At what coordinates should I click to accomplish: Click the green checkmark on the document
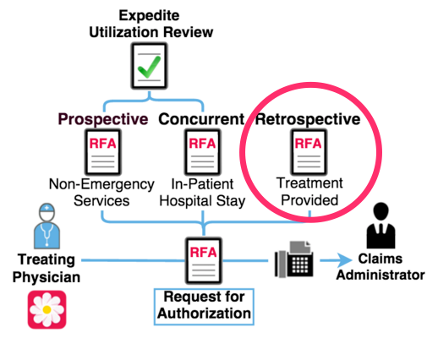pos(149,67)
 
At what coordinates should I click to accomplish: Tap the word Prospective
pos(103,119)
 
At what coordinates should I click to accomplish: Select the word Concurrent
pos(201,119)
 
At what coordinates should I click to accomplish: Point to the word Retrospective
pos(308,119)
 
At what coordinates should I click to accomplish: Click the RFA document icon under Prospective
pos(103,152)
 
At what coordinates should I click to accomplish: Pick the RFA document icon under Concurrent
pos(202,152)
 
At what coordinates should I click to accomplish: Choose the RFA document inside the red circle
pos(309,152)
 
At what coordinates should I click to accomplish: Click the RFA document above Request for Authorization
pos(204,260)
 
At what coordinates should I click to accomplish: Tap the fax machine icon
pos(293,259)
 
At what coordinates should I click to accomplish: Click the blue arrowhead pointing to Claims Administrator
pos(344,260)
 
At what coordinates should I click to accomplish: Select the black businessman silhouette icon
pos(381,226)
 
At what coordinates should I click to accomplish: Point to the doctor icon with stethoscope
pos(47,226)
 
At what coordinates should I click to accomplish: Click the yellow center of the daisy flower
pos(47,309)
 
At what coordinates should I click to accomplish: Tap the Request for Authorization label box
pos(204,307)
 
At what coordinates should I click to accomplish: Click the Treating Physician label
pos(47,268)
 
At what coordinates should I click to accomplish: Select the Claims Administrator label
pos(381,267)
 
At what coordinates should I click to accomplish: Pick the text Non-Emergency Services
pos(101,193)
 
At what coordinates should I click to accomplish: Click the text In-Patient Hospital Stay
pos(202,193)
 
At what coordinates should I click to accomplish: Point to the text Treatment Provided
pos(309,192)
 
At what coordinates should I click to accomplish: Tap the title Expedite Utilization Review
pos(151,24)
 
